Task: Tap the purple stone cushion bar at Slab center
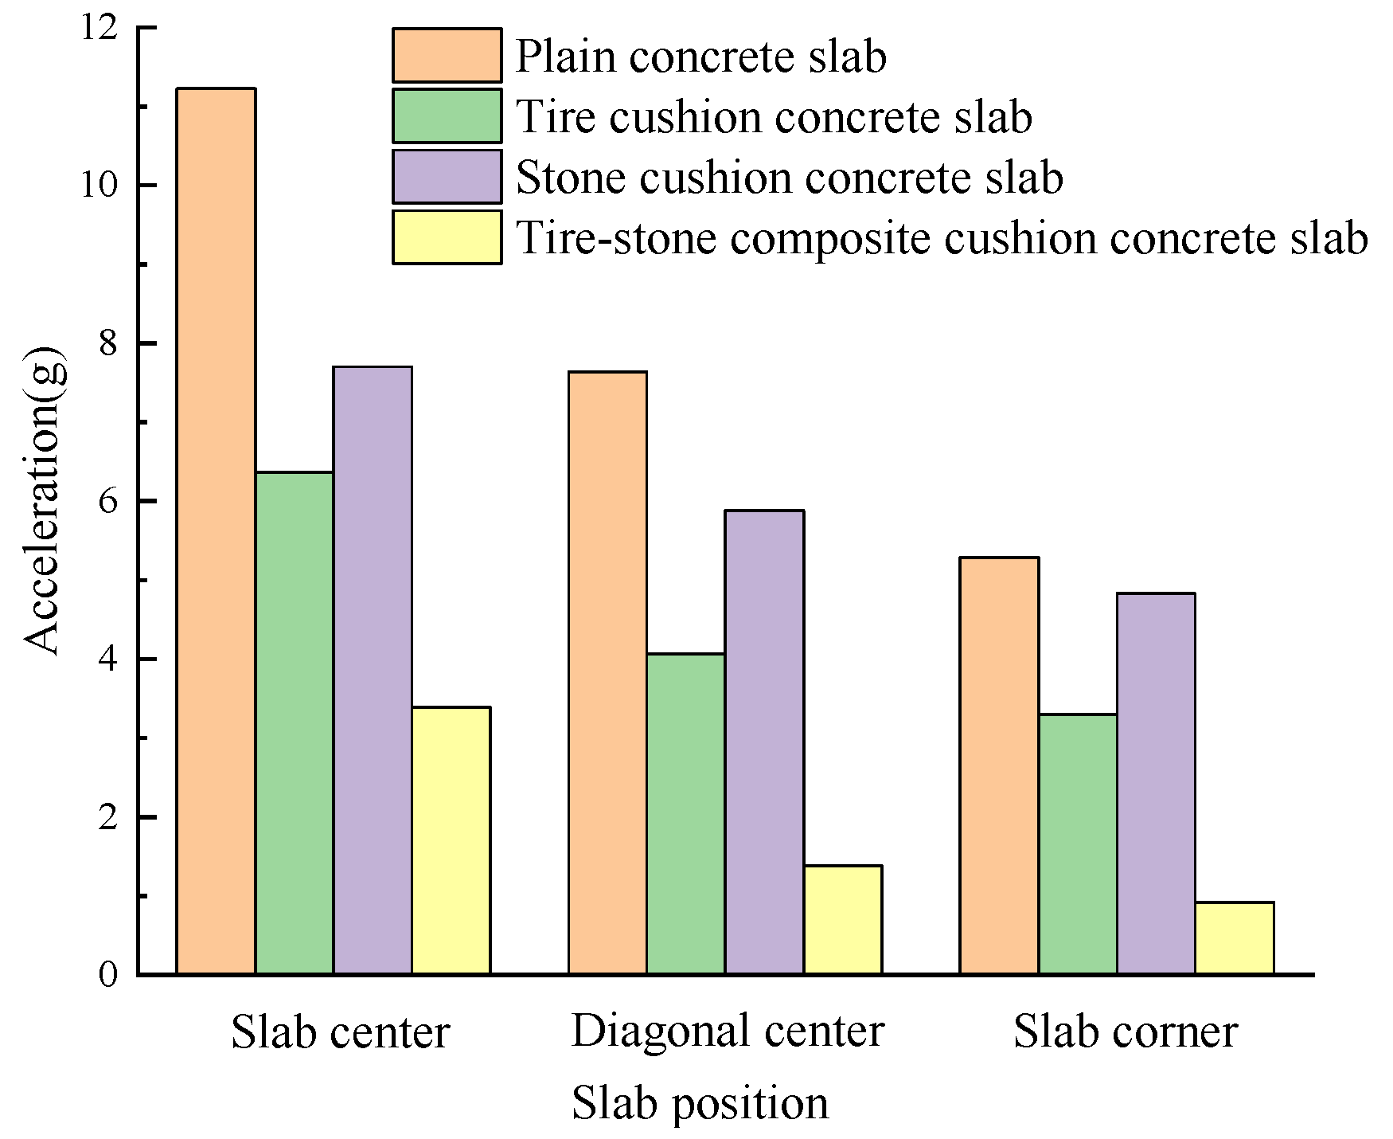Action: click(x=373, y=670)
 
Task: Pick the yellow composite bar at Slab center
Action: click(x=451, y=840)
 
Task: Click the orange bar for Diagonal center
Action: click(x=607, y=673)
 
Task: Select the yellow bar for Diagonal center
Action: click(x=842, y=920)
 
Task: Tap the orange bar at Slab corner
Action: click(x=999, y=765)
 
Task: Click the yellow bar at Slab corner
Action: click(x=1234, y=938)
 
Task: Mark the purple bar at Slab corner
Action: click(x=1156, y=784)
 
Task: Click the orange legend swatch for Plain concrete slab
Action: click(x=447, y=55)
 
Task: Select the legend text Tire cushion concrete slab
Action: click(x=774, y=117)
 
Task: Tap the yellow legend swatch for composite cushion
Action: click(x=447, y=237)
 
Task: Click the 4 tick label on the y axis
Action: click(x=109, y=660)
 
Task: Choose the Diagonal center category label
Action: click(x=728, y=1031)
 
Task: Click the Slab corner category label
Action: click(x=1125, y=1031)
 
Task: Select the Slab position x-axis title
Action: click(x=700, y=1104)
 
